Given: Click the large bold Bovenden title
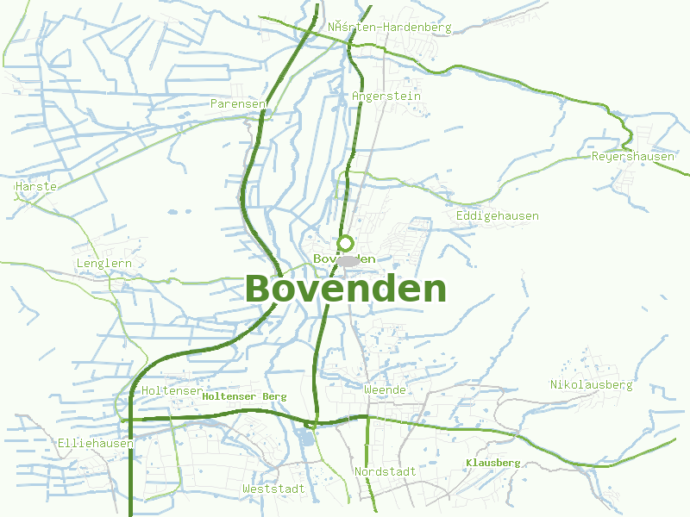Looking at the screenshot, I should (x=346, y=290).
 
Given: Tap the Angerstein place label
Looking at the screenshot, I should (x=386, y=97).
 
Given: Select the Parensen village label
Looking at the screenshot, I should (x=238, y=103).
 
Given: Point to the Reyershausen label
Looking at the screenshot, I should (x=632, y=157).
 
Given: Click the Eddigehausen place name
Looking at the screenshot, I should (x=497, y=216).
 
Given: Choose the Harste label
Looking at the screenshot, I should (x=36, y=186).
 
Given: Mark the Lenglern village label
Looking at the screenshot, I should (x=104, y=264).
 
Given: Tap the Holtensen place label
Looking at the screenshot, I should (x=172, y=391).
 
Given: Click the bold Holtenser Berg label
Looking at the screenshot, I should (x=244, y=396).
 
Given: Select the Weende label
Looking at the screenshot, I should (x=385, y=390).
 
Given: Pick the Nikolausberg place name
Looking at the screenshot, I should (x=592, y=384).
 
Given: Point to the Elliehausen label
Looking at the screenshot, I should (x=96, y=444).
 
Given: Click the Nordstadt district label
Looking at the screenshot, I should (x=385, y=472).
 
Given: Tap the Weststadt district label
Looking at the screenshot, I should (x=273, y=489).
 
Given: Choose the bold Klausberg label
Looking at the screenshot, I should (x=492, y=463).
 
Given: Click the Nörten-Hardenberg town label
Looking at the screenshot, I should (x=389, y=27).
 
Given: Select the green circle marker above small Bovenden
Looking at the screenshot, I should (x=346, y=243).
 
